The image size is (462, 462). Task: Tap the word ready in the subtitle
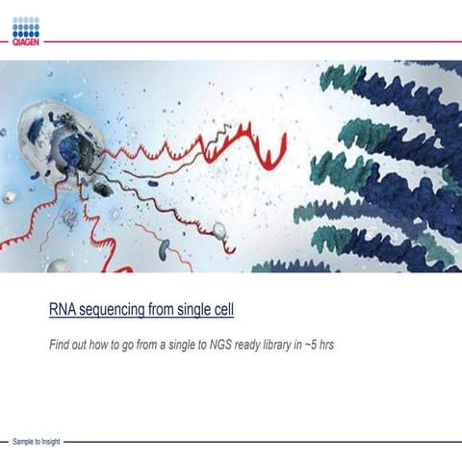click(x=250, y=344)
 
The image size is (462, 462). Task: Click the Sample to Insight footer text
click(x=36, y=442)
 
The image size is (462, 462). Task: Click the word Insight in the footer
click(x=48, y=442)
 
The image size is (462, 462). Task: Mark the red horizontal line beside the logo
click(x=250, y=42)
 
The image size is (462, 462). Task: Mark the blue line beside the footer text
click(x=260, y=442)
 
